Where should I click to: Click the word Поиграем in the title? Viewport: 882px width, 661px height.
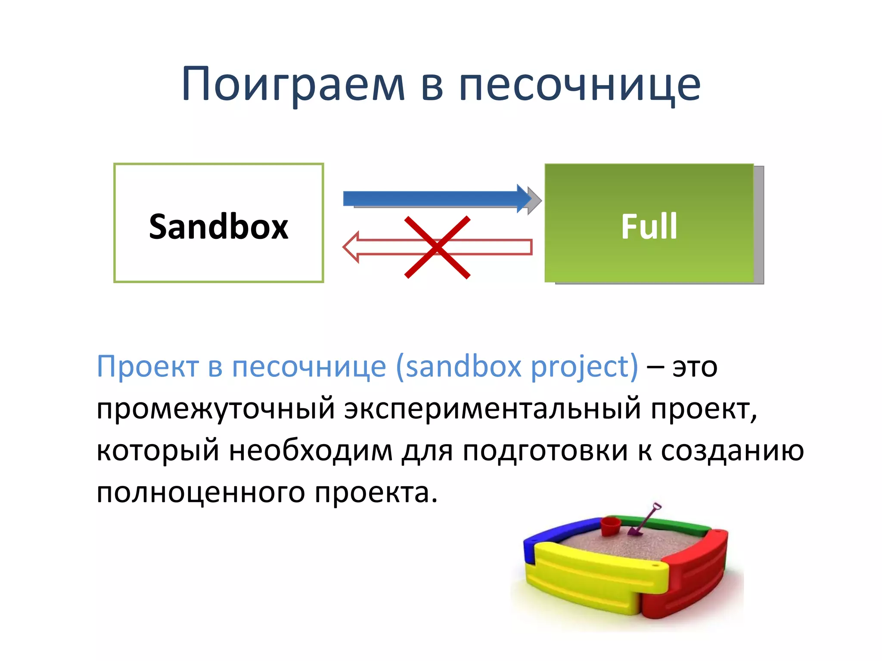[x=293, y=85]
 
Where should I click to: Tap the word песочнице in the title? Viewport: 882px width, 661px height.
[x=580, y=85]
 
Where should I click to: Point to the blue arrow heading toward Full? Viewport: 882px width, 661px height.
[x=435, y=198]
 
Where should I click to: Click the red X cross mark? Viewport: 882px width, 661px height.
[x=437, y=247]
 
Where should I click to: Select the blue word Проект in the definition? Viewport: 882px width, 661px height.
[x=147, y=367]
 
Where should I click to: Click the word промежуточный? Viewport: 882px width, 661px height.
[x=215, y=409]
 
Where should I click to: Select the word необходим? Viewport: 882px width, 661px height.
[x=310, y=451]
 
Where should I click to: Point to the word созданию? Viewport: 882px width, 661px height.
[x=732, y=451]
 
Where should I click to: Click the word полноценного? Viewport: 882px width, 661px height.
[x=201, y=492]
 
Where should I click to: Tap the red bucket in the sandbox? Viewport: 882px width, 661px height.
[x=610, y=526]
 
